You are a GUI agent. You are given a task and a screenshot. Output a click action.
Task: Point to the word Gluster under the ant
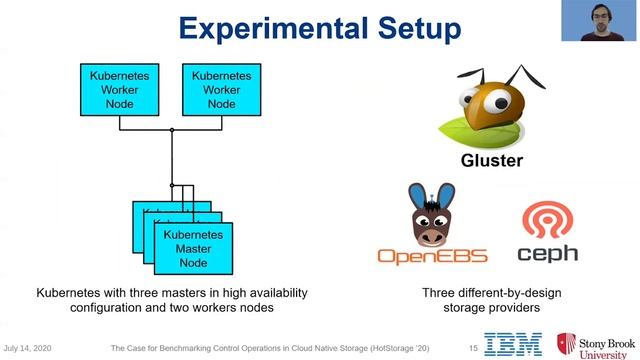pos(492,161)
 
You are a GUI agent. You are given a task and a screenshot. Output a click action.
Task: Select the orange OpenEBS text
pos(432,256)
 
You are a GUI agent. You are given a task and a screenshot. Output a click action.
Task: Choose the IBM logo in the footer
pos(514,344)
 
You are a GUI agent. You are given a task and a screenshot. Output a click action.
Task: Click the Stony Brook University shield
pos(566,343)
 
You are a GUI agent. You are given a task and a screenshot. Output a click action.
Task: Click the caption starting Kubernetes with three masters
pos(171,300)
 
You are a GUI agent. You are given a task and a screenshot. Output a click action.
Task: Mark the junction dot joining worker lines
pos(172,131)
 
